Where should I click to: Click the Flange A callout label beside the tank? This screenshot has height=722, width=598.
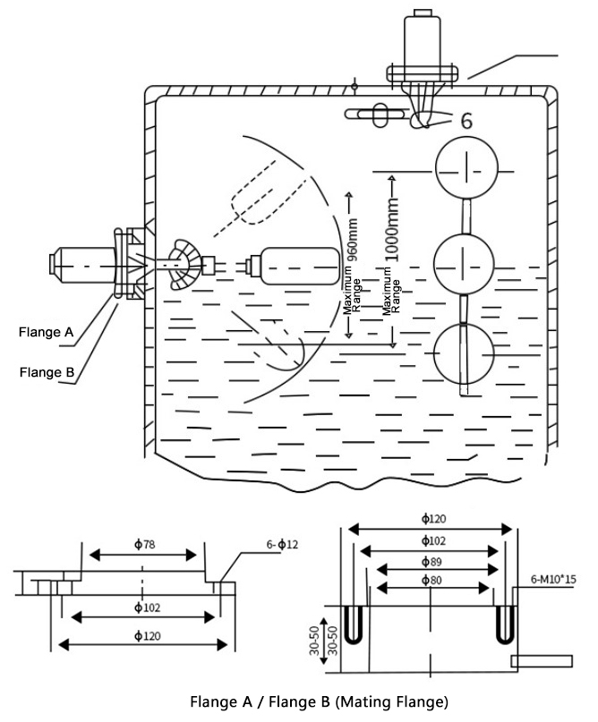[46, 333]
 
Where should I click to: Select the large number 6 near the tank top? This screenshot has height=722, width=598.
[466, 121]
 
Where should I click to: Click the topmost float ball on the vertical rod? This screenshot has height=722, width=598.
[464, 169]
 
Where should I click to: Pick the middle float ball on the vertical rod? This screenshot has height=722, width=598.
[464, 262]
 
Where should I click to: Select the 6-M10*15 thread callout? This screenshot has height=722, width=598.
[553, 580]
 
